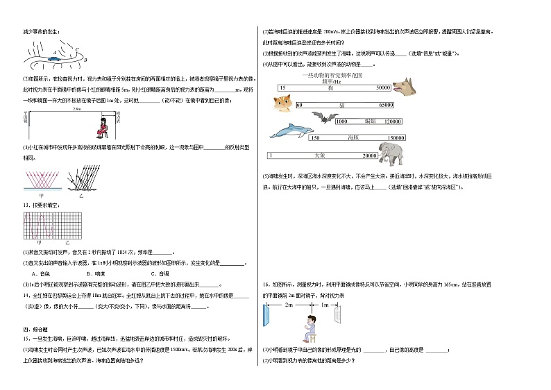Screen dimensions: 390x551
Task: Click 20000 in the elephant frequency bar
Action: coord(370,155)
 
